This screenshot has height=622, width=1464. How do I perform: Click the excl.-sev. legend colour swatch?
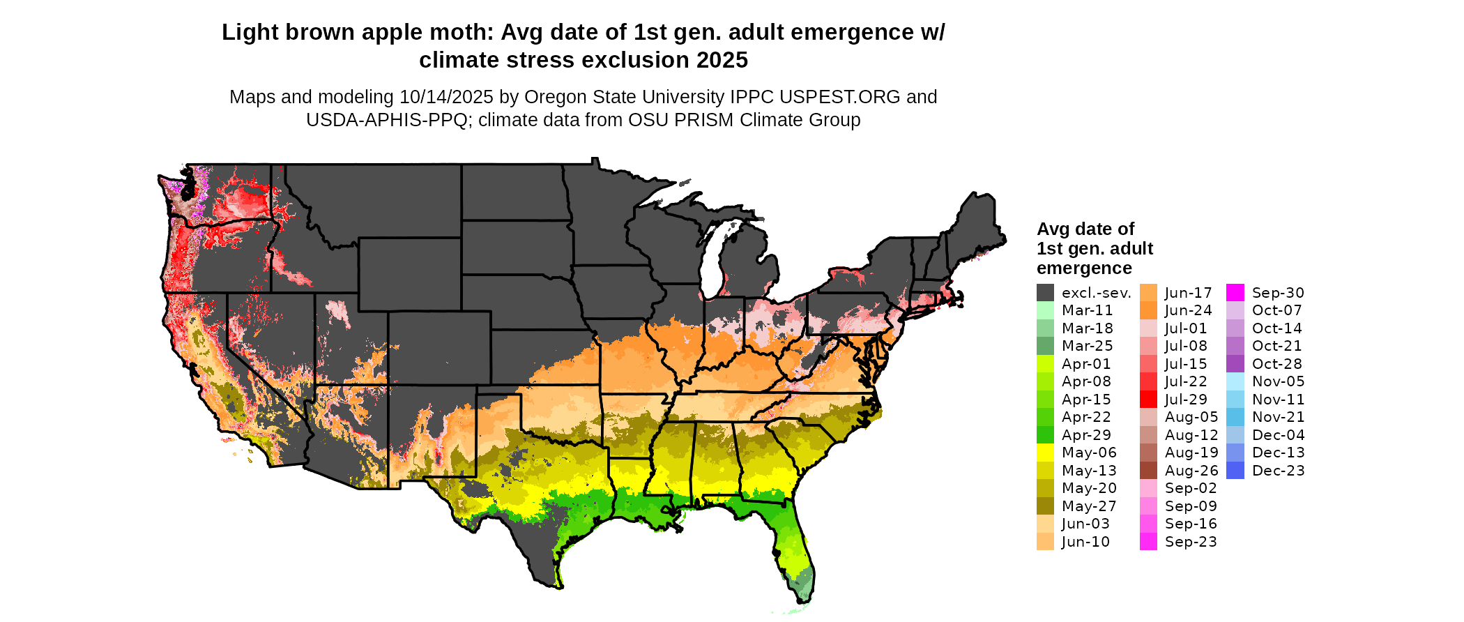pos(1045,293)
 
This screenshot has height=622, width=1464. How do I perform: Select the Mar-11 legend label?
pos(1087,310)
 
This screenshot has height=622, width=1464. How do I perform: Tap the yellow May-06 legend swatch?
pos(1045,453)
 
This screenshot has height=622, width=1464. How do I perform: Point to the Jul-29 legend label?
pos(1186,400)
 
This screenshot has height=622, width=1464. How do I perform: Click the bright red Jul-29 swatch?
pos(1148,400)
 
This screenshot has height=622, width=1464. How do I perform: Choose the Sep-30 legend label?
pos(1278,293)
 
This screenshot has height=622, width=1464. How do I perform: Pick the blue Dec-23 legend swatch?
pos(1235,471)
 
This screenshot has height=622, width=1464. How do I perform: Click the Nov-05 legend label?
pos(1278,381)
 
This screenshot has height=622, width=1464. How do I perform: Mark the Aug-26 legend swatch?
pos(1148,471)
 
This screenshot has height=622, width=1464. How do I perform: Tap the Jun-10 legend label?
pos(1085,542)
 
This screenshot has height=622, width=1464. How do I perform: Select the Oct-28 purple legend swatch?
pos(1235,364)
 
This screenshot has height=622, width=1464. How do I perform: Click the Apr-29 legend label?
pos(1086,435)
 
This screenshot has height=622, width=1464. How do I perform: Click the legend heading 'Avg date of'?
pos(1085,229)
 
